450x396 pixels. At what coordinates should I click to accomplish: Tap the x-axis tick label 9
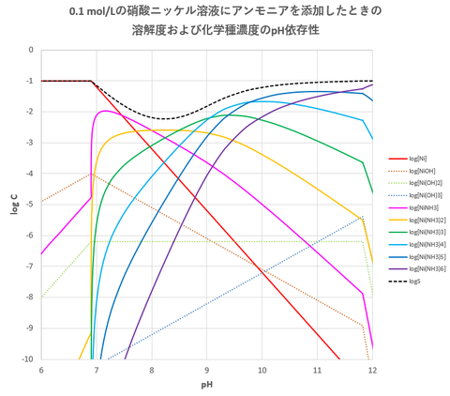click(x=207, y=370)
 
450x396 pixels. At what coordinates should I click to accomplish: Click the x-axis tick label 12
click(x=372, y=370)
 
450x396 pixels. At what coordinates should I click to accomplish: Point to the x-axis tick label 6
click(x=41, y=370)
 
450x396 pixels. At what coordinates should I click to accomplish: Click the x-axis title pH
click(x=206, y=385)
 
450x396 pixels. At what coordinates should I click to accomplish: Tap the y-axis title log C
click(x=13, y=220)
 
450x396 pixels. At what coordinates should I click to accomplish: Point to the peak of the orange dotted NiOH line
click(x=91, y=174)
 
